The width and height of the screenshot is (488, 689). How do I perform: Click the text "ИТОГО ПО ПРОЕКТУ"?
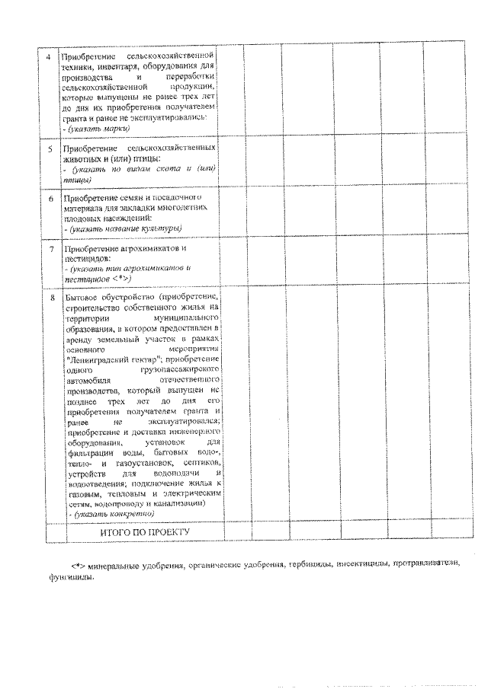point(144,531)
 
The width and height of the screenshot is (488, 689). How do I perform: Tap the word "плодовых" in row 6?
point(85,218)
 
